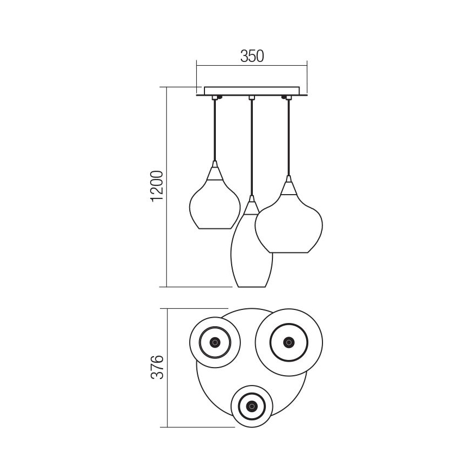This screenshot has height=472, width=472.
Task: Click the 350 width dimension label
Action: click(x=251, y=55)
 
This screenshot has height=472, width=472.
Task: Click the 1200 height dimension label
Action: click(x=157, y=186)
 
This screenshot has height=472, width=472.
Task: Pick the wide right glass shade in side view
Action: click(x=289, y=223)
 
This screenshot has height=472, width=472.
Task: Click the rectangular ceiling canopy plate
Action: click(x=251, y=91)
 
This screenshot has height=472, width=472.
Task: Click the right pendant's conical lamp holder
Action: click(x=288, y=188)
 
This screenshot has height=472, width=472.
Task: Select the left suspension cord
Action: click(x=215, y=131)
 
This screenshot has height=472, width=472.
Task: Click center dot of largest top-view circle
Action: click(x=289, y=342)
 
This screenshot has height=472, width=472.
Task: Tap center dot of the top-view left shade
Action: click(x=215, y=342)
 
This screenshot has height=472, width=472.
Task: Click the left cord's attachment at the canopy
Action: click(x=215, y=97)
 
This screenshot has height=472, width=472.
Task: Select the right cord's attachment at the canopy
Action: click(x=285, y=97)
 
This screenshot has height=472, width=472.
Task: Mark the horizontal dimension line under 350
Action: click(x=251, y=66)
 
